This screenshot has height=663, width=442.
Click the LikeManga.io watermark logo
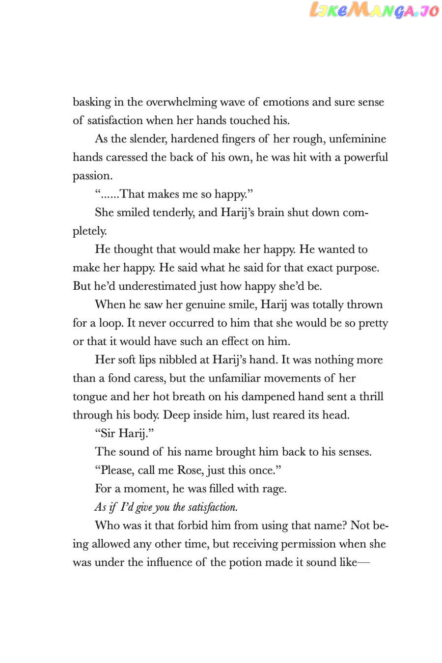point(374,10)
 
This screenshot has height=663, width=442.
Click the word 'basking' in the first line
point(92,102)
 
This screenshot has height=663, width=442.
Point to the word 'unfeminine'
point(358,139)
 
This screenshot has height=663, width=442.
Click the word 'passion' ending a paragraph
point(91,176)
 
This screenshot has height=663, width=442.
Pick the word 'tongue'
point(89,397)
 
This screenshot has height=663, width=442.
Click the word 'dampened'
point(267,397)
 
